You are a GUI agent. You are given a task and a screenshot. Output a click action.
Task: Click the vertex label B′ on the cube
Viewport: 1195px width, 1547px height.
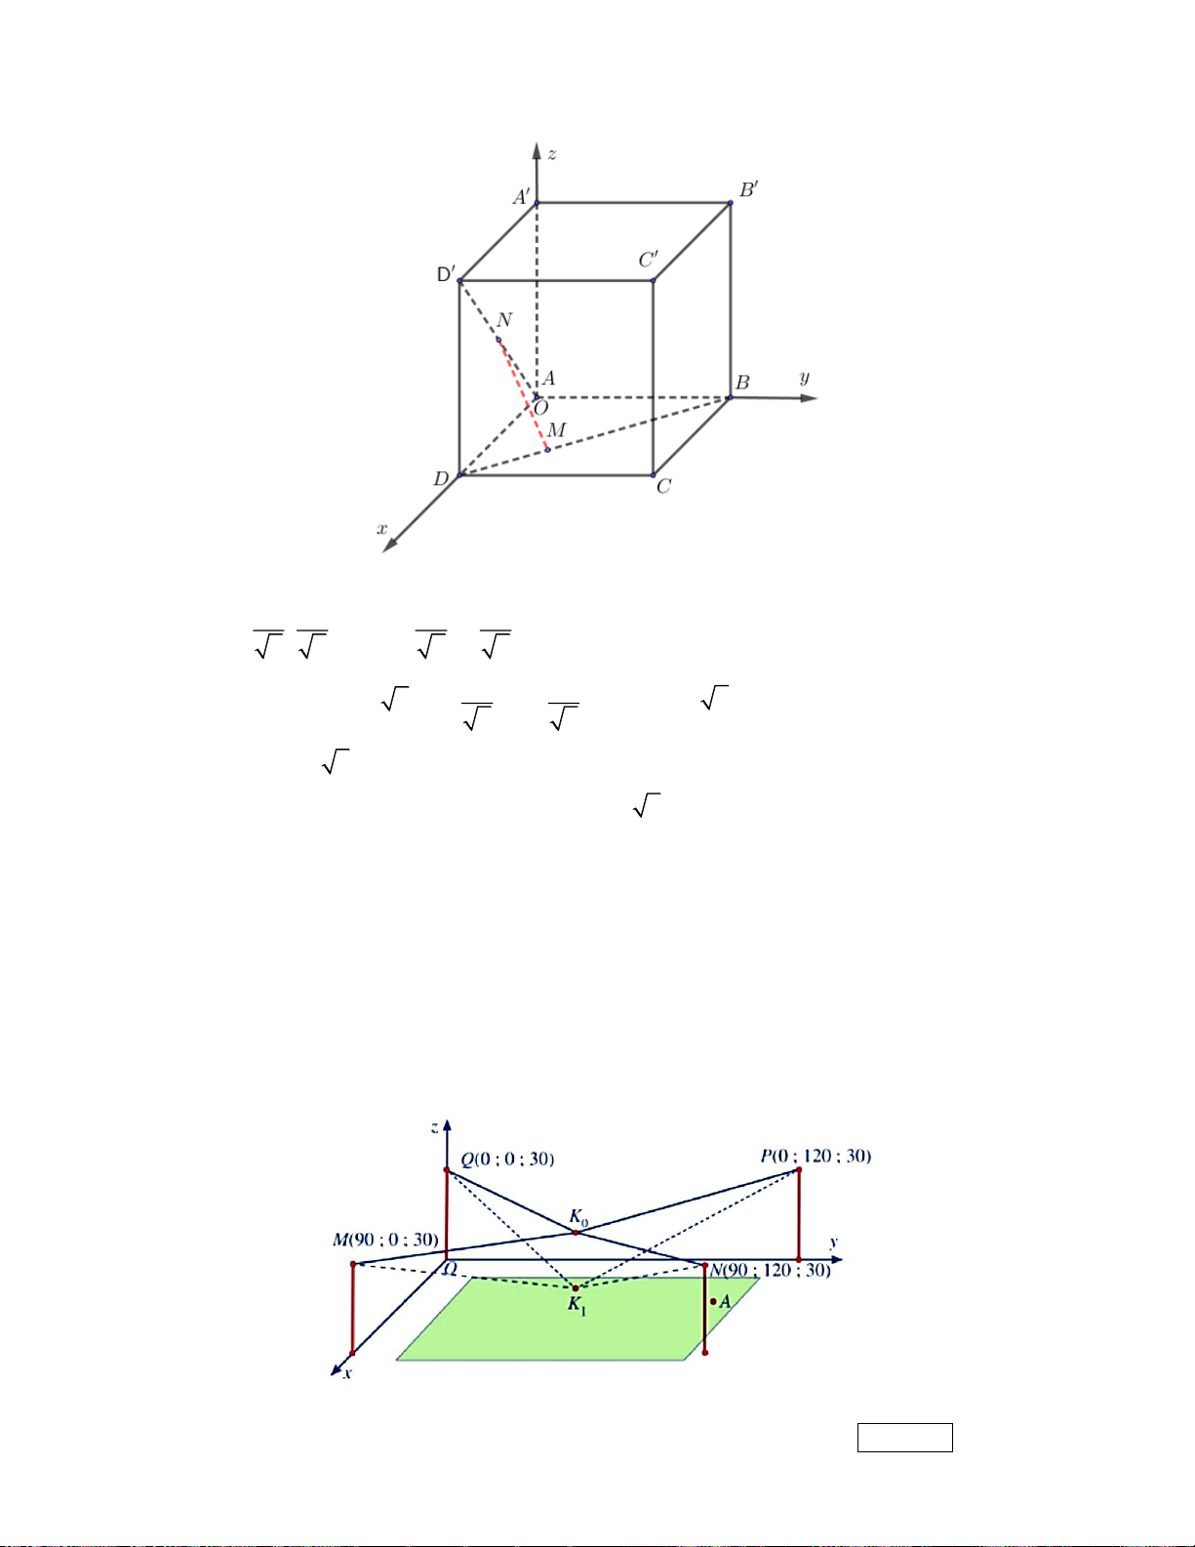click(x=749, y=189)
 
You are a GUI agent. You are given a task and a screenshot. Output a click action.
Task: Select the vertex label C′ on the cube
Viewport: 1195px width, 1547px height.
click(x=648, y=260)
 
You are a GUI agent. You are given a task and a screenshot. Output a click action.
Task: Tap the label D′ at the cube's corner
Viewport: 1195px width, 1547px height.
click(x=446, y=274)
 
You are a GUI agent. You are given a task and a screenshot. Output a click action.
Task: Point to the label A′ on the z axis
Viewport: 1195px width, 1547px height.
click(x=521, y=196)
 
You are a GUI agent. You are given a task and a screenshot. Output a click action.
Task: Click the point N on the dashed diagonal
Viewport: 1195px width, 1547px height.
click(x=498, y=340)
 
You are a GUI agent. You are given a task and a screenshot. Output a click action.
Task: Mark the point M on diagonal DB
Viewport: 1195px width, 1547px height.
click(x=547, y=450)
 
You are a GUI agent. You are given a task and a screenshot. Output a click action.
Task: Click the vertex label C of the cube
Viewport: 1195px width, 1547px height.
click(x=663, y=486)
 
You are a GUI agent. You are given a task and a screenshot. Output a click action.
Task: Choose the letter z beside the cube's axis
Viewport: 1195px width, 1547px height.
click(x=552, y=154)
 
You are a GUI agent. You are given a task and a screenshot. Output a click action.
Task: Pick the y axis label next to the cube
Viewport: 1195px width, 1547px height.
click(x=805, y=378)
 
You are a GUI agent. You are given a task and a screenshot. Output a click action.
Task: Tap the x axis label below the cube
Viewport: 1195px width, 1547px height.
click(x=382, y=528)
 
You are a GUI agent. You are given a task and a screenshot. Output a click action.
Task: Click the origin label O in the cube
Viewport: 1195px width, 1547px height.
click(x=540, y=408)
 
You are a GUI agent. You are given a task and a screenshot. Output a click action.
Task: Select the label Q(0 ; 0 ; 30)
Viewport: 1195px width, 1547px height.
click(x=507, y=1160)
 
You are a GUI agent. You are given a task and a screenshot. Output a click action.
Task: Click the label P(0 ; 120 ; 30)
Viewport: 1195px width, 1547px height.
click(x=816, y=1156)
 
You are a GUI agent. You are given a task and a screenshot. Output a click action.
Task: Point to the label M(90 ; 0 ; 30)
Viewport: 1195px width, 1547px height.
click(x=385, y=1240)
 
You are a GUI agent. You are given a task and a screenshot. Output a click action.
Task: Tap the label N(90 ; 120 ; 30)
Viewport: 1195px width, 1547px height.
click(x=771, y=1270)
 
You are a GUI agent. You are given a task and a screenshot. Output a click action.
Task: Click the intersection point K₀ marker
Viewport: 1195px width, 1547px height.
click(x=576, y=1233)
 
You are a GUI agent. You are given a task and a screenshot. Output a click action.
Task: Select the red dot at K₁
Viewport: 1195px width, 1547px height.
click(x=576, y=1287)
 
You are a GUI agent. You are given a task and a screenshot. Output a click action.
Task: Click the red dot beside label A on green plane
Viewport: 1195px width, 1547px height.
click(x=713, y=1301)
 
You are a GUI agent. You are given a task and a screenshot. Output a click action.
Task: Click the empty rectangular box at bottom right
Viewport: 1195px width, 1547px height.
click(x=905, y=1438)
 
